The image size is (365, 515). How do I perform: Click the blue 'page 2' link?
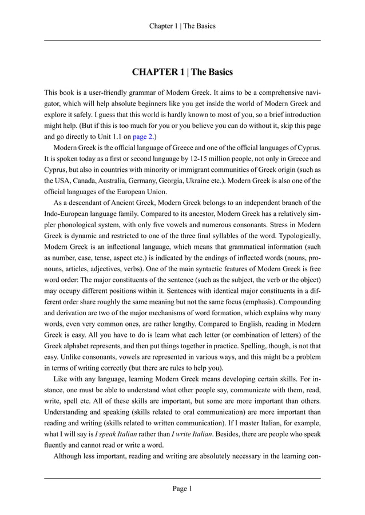[143, 137]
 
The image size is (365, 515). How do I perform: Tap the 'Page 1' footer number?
[182, 488]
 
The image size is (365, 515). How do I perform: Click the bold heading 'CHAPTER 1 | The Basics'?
[182, 73]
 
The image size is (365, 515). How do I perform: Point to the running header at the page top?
[182, 26]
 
